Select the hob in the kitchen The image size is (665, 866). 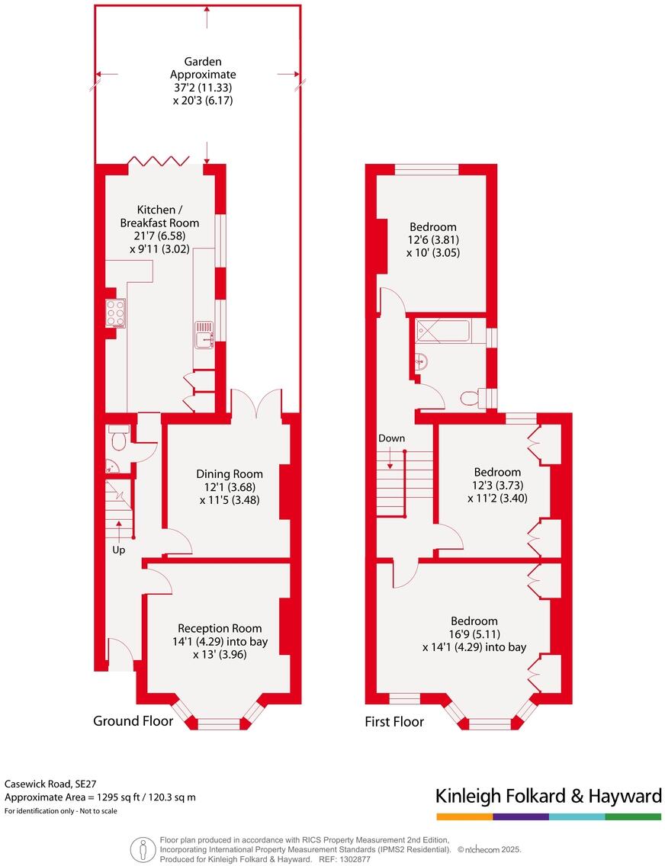coord(116,313)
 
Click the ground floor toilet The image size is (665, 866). coord(119,439)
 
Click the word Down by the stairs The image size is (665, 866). coord(391,438)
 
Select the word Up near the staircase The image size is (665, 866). coord(118,550)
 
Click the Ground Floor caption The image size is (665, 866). coord(133,720)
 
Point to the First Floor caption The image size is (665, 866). coord(394,721)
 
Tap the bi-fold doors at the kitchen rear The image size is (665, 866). coord(159,161)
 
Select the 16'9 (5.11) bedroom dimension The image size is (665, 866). coord(474,634)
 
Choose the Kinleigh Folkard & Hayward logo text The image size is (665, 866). coord(548,797)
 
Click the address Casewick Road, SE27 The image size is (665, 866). coord(50,783)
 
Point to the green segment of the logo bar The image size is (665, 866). coord(633,816)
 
